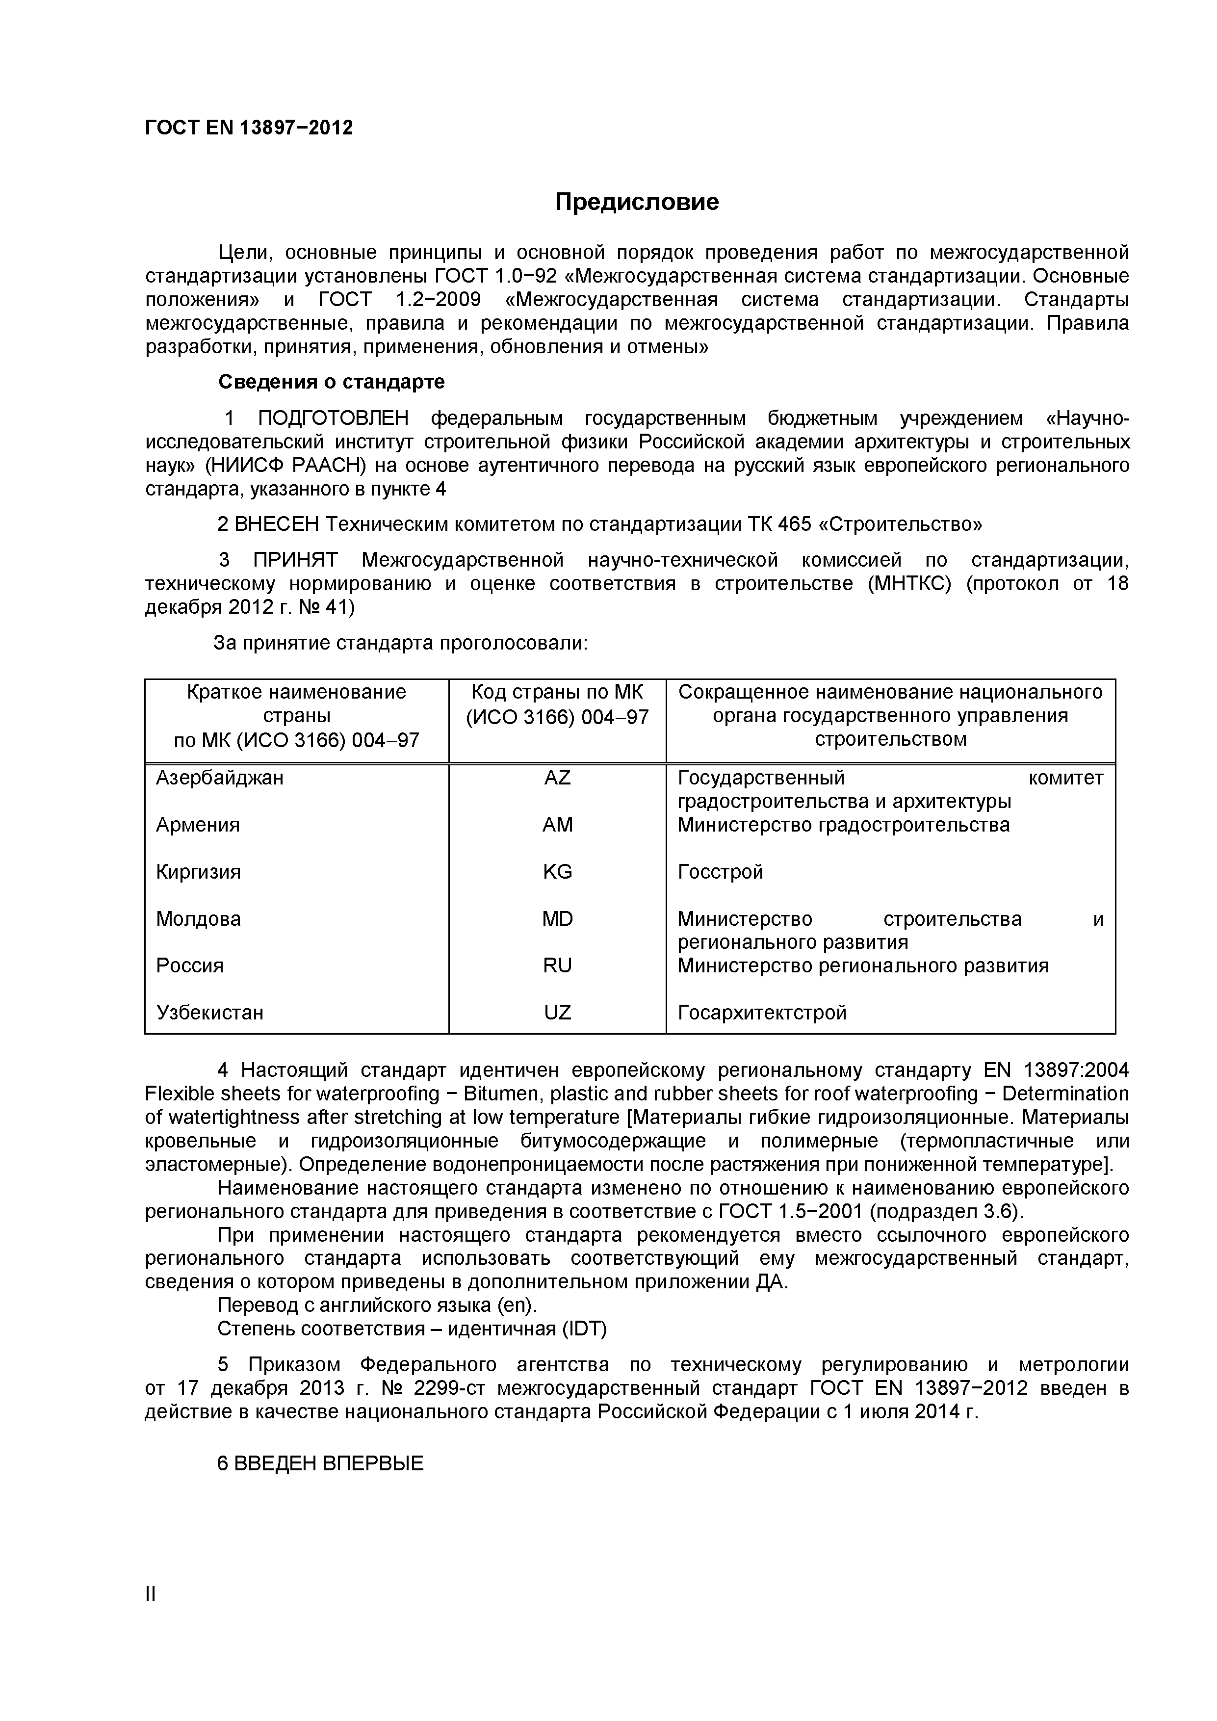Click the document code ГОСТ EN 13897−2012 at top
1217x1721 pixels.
click(x=248, y=128)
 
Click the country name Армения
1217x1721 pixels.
click(x=198, y=825)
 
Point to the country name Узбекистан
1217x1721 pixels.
click(x=210, y=1012)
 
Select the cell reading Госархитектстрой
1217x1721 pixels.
click(x=762, y=1012)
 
